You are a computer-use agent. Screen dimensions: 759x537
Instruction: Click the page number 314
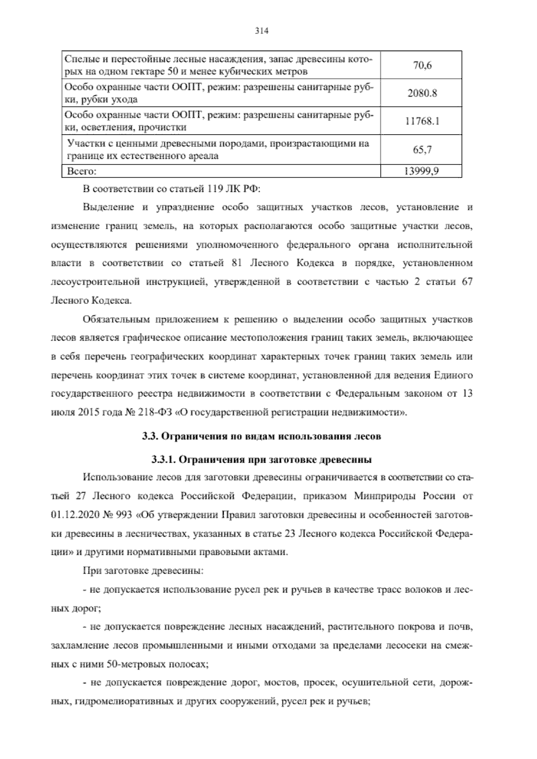click(x=261, y=31)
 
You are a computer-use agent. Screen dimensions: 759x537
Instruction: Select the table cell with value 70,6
click(x=422, y=65)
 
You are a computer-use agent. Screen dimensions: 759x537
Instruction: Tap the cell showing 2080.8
click(x=422, y=93)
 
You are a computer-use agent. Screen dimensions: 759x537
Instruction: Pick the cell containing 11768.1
click(x=422, y=121)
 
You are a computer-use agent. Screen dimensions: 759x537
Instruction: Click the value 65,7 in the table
click(x=422, y=149)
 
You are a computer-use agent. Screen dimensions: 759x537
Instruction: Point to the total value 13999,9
click(x=422, y=171)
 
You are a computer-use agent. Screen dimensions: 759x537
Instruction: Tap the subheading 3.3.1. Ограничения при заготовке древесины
click(x=261, y=460)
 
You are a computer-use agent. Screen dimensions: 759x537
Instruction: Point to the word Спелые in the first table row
click(x=79, y=59)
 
